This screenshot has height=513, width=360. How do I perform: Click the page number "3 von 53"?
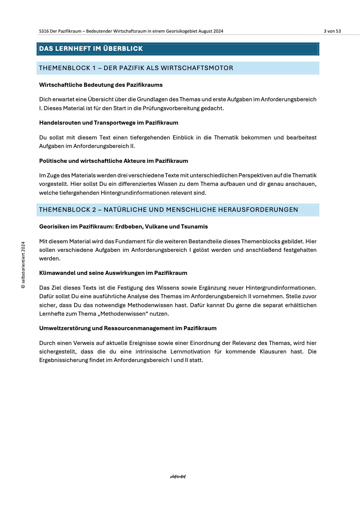(x=332, y=31)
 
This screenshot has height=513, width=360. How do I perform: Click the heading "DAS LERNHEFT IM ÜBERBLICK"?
(x=91, y=49)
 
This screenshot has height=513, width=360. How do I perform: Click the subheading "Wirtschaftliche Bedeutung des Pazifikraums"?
(x=101, y=85)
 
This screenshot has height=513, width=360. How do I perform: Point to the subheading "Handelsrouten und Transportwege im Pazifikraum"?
(x=109, y=123)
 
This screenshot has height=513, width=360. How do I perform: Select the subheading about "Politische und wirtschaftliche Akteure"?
(x=113, y=161)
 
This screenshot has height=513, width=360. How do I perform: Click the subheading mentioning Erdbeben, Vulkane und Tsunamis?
(x=123, y=227)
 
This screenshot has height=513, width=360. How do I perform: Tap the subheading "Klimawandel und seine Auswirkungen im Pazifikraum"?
(x=113, y=273)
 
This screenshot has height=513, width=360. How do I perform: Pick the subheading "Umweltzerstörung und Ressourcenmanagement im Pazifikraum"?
(x=128, y=328)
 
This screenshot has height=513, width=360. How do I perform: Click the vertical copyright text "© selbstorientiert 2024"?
(x=23, y=265)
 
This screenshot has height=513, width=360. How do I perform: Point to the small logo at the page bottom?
(x=178, y=477)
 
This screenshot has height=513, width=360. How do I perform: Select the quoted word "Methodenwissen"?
(x=123, y=314)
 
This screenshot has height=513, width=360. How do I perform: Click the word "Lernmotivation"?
(x=190, y=352)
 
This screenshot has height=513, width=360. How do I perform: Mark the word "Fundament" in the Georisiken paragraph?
(x=131, y=241)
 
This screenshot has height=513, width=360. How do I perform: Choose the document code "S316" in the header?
(x=44, y=31)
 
